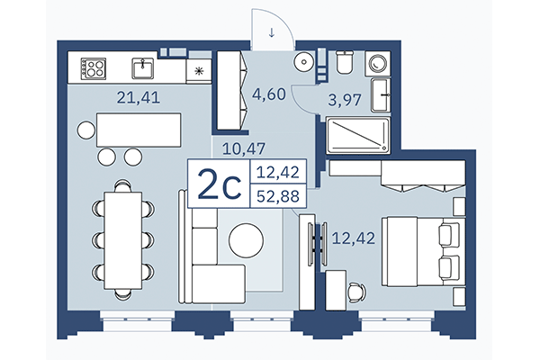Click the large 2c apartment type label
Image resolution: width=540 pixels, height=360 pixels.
pyautogui.click(x=218, y=185)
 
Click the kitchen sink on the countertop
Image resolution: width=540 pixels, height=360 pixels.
pyautogui.click(x=143, y=67)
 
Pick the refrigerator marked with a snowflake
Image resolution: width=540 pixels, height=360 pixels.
pyautogui.click(x=199, y=68)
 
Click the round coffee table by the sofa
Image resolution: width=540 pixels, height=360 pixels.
pyautogui.click(x=246, y=239)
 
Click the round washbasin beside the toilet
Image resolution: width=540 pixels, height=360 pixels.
pyautogui.click(x=307, y=62)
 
